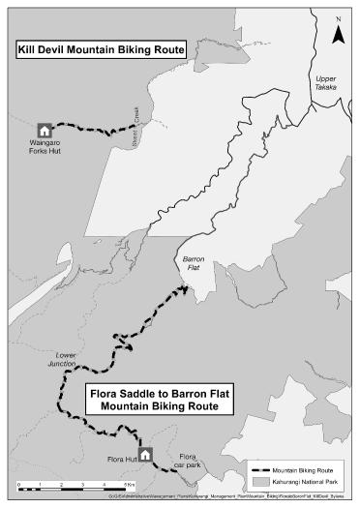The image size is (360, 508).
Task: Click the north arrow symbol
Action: [x=338, y=35]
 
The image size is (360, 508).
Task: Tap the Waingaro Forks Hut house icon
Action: [x=44, y=130]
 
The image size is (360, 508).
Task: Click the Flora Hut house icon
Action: [x=145, y=453]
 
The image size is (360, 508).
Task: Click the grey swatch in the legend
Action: [x=259, y=479]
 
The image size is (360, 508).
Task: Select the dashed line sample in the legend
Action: [x=259, y=466]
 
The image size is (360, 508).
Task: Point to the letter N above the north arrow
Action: [x=338, y=19]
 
